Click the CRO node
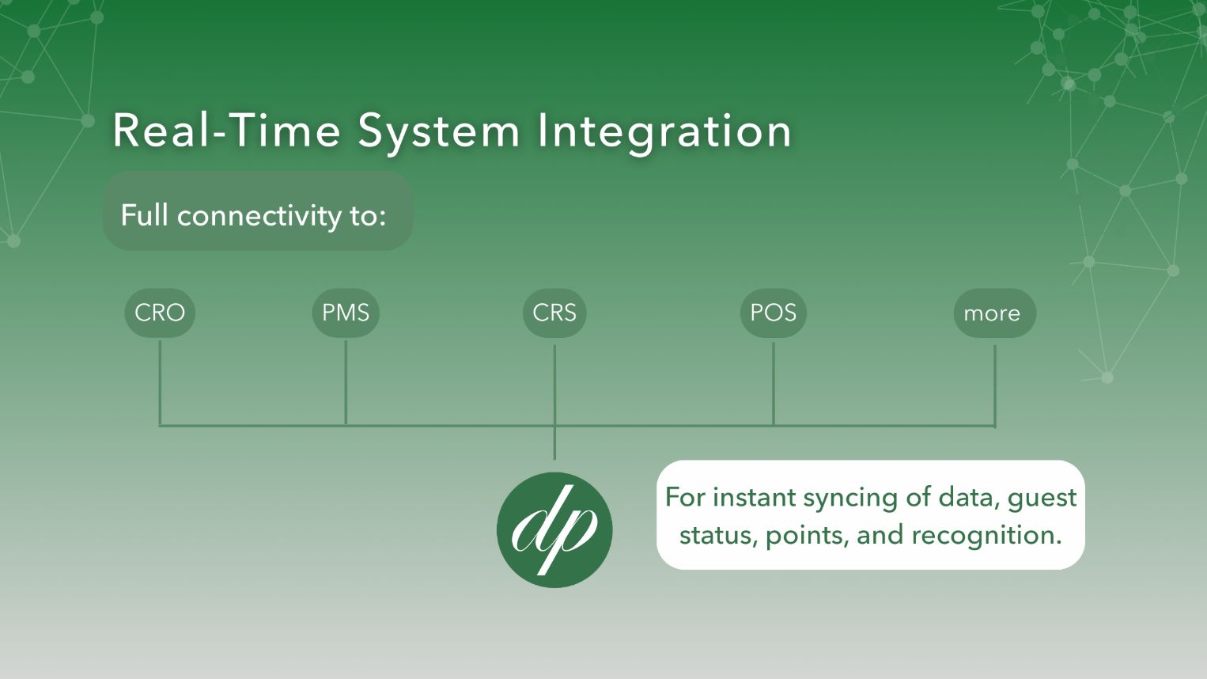point(160,313)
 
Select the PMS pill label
point(346,313)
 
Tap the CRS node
point(554,313)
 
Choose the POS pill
point(774,313)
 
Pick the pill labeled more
point(995,313)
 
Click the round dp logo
point(554,529)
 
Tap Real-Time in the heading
point(226,131)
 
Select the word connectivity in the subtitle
point(259,216)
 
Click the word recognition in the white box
point(986,536)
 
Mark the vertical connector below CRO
point(160,383)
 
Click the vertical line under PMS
point(346,383)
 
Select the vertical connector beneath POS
point(774,384)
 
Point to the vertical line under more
point(995,385)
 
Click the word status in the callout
point(717,536)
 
